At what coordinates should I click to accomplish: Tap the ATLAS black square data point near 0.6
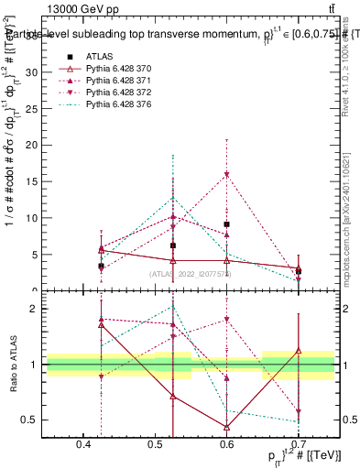pyautogui.click(x=226, y=224)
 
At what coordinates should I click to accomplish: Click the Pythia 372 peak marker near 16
pyautogui.click(x=226, y=174)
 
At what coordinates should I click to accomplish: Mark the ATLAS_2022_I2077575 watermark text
pyautogui.click(x=191, y=274)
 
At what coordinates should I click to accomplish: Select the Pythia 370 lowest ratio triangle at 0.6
pyautogui.click(x=226, y=427)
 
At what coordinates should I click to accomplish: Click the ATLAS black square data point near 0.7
pyautogui.click(x=299, y=271)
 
